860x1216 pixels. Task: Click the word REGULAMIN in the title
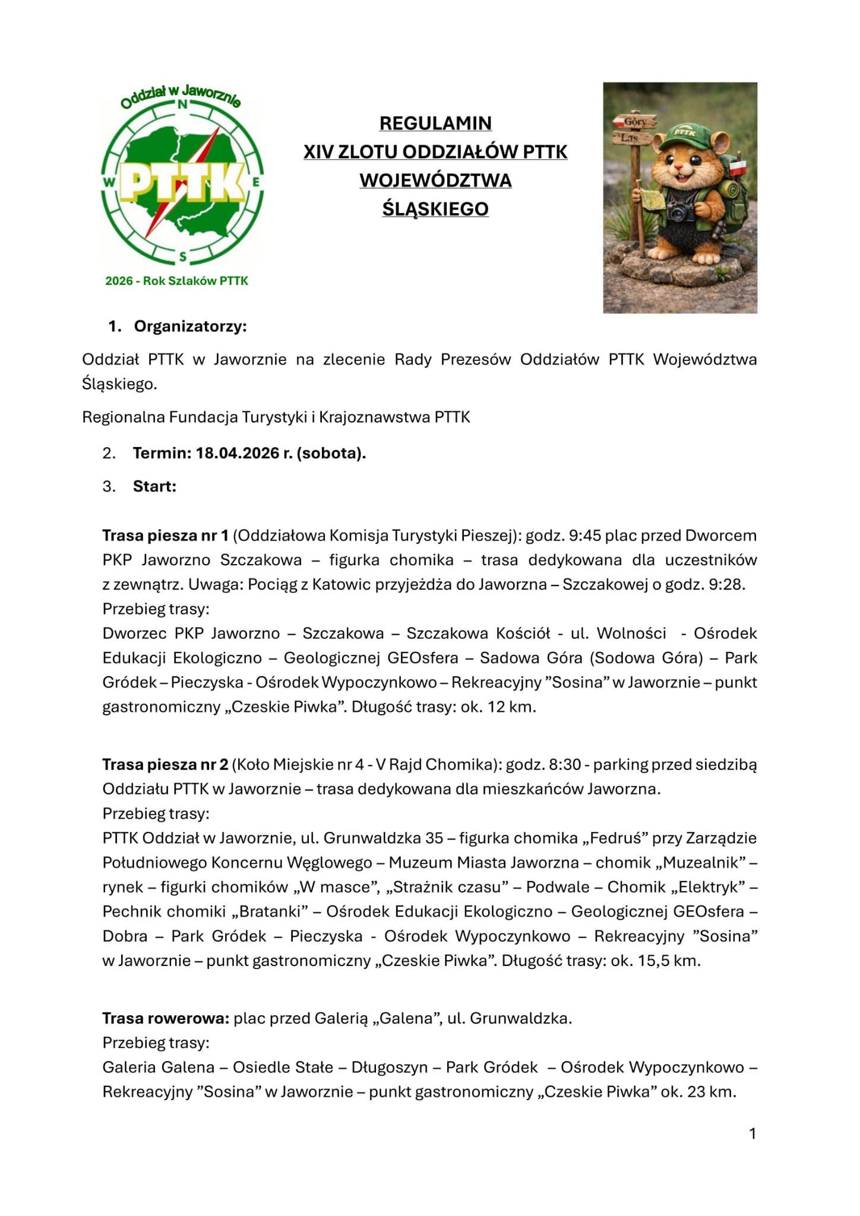click(x=435, y=123)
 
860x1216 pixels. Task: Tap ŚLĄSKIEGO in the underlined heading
click(x=435, y=209)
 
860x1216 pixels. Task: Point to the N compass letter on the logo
click(x=183, y=104)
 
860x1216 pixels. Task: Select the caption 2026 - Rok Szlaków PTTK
click(x=176, y=281)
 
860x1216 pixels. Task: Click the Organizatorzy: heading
click(x=190, y=327)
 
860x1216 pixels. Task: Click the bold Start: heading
click(x=154, y=486)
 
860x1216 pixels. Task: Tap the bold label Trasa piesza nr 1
click(x=165, y=536)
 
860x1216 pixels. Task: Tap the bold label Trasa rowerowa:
click(x=166, y=1019)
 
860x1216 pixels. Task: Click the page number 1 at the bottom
click(x=752, y=1134)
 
